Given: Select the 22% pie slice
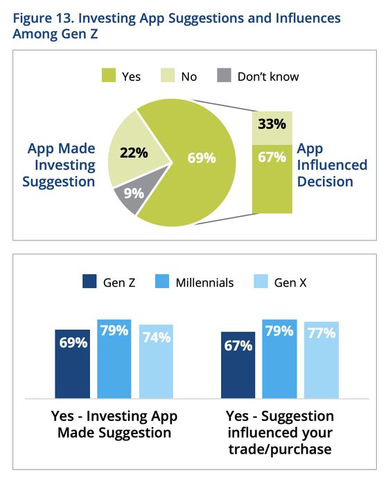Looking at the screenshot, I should point(132,153).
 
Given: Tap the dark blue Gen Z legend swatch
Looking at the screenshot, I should point(89,282).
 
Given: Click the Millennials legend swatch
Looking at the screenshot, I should point(159,282).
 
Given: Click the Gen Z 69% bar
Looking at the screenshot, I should point(72,364).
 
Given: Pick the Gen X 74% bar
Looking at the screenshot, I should point(156,361).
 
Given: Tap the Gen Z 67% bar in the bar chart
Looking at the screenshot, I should point(238,365).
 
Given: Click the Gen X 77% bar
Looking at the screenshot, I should point(321,360).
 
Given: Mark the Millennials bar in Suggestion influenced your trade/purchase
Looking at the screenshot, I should point(279,359).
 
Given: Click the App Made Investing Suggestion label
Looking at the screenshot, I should point(62,166).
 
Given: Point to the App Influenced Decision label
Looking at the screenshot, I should point(332,166).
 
